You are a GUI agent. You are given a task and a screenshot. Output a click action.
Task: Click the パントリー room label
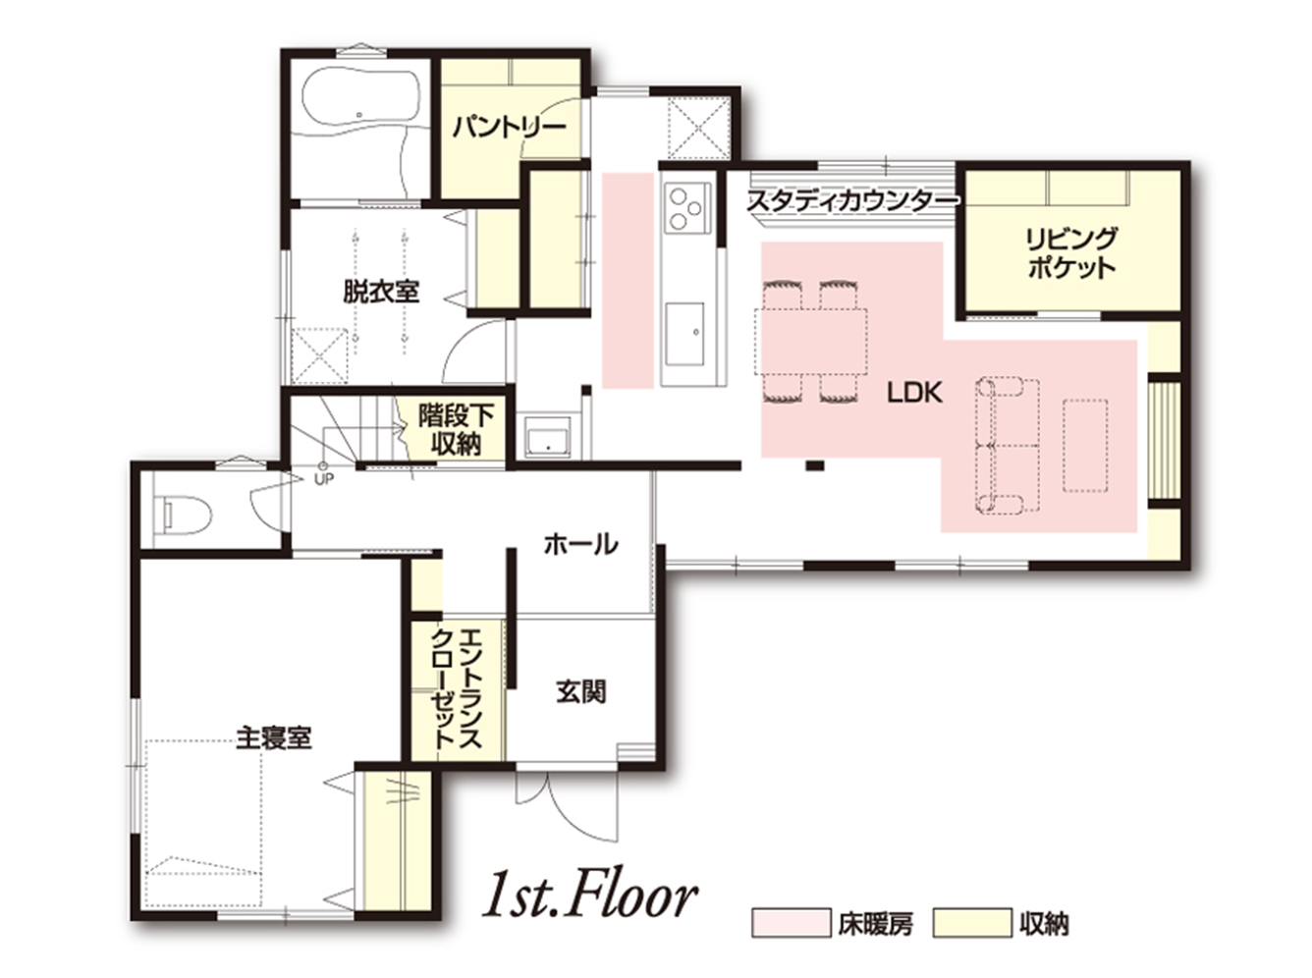[508, 128]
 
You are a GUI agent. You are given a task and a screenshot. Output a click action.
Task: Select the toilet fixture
[187, 515]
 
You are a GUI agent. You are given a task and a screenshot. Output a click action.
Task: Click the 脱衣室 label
[381, 292]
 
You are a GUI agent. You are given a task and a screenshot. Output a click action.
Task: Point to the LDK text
[914, 393]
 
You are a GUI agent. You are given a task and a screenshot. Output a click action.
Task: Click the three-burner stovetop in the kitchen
[685, 208]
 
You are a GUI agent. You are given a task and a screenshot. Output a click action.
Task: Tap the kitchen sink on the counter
[683, 336]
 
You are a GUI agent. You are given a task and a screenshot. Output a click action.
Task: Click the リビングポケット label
[1071, 253]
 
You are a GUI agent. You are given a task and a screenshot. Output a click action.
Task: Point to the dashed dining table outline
[810, 342]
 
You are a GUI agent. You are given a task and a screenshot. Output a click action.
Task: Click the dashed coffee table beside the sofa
[1085, 446]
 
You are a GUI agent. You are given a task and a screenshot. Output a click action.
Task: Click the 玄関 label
[581, 692]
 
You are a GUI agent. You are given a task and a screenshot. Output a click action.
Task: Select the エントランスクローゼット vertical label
[457, 688]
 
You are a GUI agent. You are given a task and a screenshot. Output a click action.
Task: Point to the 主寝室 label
[273, 737]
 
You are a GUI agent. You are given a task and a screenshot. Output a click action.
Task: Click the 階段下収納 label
[456, 430]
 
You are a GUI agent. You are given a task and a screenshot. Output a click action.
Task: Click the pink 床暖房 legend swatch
[791, 939]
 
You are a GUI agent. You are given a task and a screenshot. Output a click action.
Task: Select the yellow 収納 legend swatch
[972, 939]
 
